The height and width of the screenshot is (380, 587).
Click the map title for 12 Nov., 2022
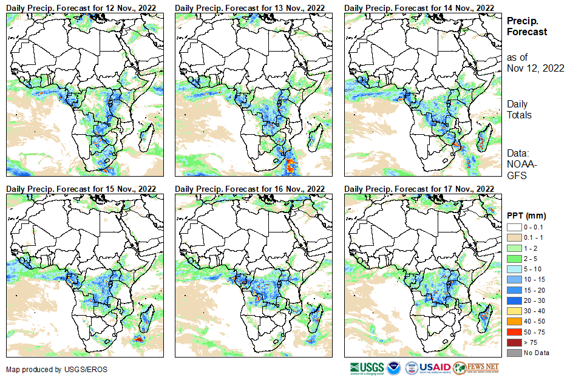tap(81, 7)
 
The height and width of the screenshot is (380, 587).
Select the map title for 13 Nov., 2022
tap(250, 7)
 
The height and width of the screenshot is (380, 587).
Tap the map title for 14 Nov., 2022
tap(419, 7)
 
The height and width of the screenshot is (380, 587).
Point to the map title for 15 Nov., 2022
tap(81, 189)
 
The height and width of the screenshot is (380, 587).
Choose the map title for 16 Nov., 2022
tap(250, 189)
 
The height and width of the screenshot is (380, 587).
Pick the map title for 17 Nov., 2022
tap(419, 189)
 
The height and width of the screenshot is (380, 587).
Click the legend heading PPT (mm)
tap(526, 215)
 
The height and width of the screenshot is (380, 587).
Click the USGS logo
tap(367, 368)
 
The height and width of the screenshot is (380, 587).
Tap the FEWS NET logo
tap(477, 368)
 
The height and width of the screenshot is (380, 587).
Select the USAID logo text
tap(436, 368)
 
